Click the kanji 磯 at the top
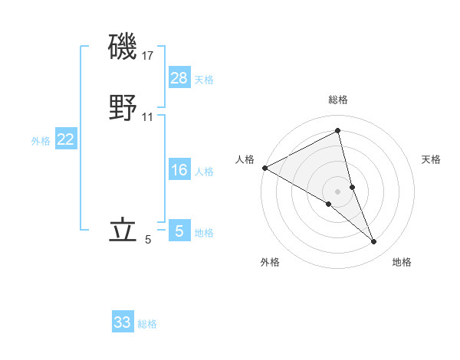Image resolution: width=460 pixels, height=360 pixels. click(123, 48)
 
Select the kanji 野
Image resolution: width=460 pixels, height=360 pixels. click(123, 109)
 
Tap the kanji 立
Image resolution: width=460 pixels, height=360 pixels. click(123, 231)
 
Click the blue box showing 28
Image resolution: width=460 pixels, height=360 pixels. click(179, 79)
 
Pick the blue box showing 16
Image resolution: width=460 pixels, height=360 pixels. click(179, 171)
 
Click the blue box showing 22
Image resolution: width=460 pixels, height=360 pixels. click(66, 139)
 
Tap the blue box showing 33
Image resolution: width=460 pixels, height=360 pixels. click(123, 322)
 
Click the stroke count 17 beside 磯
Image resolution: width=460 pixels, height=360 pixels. click(148, 56)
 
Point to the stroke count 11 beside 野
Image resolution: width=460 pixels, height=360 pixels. click(148, 117)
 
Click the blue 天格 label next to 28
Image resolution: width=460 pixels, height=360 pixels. click(204, 80)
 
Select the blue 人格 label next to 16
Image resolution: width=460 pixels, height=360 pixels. click(204, 172)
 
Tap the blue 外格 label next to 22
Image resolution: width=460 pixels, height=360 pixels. click(41, 140)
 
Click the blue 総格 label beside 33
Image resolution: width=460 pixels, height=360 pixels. click(147, 323)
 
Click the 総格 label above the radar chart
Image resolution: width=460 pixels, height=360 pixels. click(337, 100)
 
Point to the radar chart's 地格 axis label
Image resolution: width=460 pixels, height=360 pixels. click(402, 263)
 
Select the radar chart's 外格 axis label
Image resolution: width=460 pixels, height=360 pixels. click(270, 263)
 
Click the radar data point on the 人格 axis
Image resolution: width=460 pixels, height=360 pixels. click(264, 167)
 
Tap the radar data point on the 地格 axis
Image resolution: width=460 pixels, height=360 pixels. click(374, 242)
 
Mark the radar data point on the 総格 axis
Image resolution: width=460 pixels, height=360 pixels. click(337, 132)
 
